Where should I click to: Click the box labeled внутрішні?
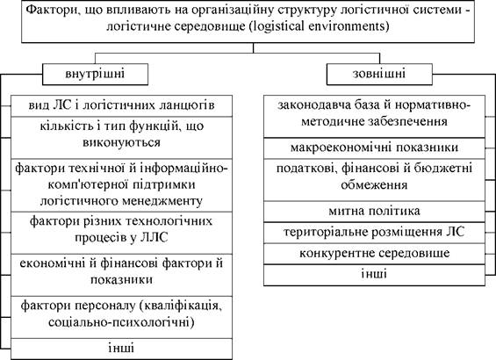(95, 74)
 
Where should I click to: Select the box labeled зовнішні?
(379, 74)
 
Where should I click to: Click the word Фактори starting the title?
(50, 10)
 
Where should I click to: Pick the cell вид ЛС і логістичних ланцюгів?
(122, 106)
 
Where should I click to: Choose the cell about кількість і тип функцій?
(122, 138)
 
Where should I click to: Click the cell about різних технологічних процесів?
(122, 233)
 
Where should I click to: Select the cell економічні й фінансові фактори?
(122, 275)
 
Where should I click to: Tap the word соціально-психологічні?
(121, 322)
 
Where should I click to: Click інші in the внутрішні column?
(122, 349)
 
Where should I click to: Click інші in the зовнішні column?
(374, 275)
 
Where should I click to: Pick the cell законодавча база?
(374, 117)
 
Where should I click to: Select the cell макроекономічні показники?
(374, 148)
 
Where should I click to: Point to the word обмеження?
(374, 184)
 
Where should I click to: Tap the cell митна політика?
(374, 212)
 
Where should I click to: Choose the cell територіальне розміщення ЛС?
(374, 233)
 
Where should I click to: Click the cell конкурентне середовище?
(374, 254)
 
